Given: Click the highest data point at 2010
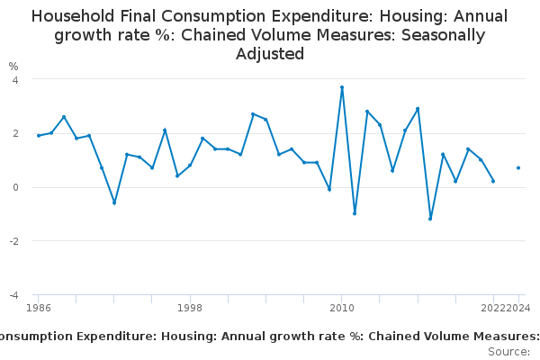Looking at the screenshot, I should click(x=342, y=87).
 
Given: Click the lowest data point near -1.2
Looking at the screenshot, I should click(x=430, y=219).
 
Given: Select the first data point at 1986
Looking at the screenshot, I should click(x=39, y=135).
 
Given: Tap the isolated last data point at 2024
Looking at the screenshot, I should click(x=518, y=167).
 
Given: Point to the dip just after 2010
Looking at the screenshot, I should click(x=355, y=213).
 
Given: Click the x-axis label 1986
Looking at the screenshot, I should click(x=39, y=309).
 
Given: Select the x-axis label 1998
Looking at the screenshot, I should click(x=190, y=309).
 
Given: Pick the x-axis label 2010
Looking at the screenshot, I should click(x=342, y=309).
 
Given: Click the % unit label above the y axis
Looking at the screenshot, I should click(x=13, y=67).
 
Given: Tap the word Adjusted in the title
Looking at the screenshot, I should click(x=269, y=54).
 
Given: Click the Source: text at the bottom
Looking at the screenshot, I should click(x=509, y=351).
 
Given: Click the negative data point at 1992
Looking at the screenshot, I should click(x=114, y=202).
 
